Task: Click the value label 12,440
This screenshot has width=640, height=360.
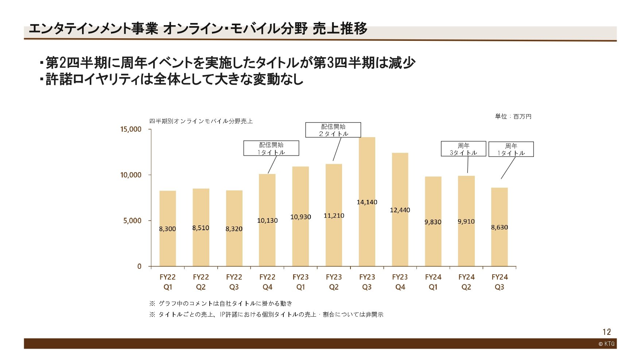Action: tap(400, 210)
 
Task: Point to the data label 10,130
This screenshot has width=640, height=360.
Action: tap(267, 221)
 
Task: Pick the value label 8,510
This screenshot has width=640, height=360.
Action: tap(201, 228)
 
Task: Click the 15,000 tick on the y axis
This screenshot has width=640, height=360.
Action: tap(131, 129)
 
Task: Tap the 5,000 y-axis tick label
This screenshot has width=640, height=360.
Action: tap(132, 221)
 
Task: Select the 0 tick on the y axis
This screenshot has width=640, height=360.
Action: tap(139, 267)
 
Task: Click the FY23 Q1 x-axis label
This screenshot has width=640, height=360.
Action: tap(300, 282)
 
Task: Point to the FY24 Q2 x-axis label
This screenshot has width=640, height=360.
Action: tap(466, 282)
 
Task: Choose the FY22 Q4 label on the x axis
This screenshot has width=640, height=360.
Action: tap(267, 282)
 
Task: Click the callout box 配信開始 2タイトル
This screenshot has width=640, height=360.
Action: tap(333, 130)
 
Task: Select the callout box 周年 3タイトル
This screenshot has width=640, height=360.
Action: tap(463, 149)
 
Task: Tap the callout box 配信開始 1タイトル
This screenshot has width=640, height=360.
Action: tap(271, 148)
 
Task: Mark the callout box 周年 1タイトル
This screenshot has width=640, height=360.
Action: tap(511, 149)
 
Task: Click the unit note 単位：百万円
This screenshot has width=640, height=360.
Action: tap(513, 116)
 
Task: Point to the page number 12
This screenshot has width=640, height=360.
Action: tap(606, 332)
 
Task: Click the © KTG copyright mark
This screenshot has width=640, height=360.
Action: tap(606, 344)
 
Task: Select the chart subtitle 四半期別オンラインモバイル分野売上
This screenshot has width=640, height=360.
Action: tap(201, 121)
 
